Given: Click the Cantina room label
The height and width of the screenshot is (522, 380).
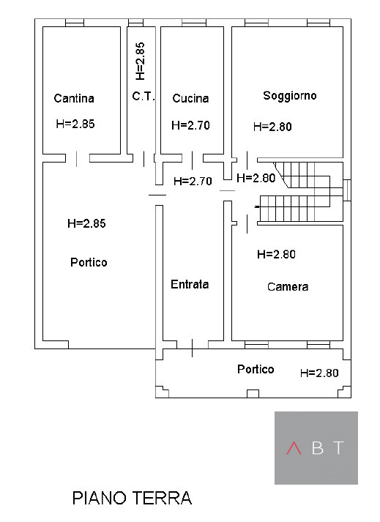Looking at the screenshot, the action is coord(74,98).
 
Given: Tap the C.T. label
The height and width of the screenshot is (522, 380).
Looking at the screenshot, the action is coord(144,96).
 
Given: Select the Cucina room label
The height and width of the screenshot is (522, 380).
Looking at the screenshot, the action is coord(190,98).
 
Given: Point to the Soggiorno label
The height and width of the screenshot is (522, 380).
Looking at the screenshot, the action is coord(289,96).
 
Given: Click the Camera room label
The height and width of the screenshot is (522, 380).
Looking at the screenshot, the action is coord(288,287).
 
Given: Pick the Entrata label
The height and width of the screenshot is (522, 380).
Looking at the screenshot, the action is coord(190,284).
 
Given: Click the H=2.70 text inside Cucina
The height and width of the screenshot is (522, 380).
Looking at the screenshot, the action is coord(190,125).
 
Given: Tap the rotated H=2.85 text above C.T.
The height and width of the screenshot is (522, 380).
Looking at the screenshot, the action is coord(140,61).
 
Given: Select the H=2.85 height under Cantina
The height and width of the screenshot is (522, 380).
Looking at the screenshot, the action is coord(75,124).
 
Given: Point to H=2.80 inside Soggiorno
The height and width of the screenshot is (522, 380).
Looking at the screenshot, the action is coord(272,127).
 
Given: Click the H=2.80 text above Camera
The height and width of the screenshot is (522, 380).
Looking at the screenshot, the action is coord(276,254).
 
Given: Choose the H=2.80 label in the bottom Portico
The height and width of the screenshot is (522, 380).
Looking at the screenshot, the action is coord(319,373).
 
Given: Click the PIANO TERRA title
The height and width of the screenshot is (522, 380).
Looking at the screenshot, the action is coord(133,498).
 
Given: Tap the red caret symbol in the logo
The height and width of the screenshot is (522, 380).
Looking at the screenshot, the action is coord(294,448).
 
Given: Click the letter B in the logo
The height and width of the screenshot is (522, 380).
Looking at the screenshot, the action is coord(318,448).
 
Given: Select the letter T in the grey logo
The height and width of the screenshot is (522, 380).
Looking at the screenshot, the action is coord(339,448).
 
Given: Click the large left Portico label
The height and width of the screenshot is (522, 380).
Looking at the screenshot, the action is coord(89,262).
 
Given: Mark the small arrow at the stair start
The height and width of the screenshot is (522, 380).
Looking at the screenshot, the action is coord(257,207).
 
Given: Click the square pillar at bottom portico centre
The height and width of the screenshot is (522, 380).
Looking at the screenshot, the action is coord(253,393).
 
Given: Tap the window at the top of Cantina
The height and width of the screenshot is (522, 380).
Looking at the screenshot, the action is coord(74,23).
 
